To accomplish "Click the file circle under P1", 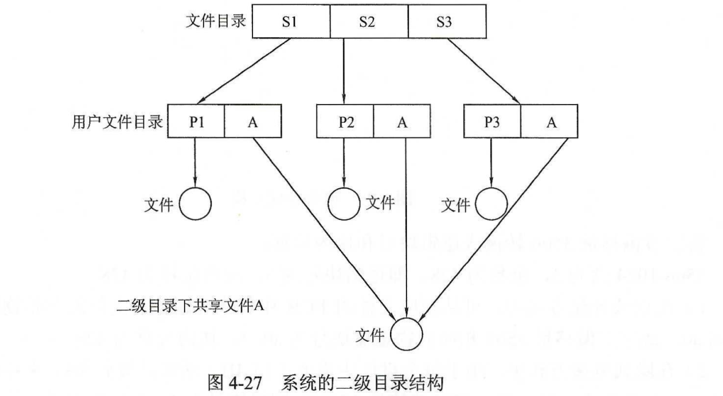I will pos(195,203).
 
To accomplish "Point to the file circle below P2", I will pos(344,203).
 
